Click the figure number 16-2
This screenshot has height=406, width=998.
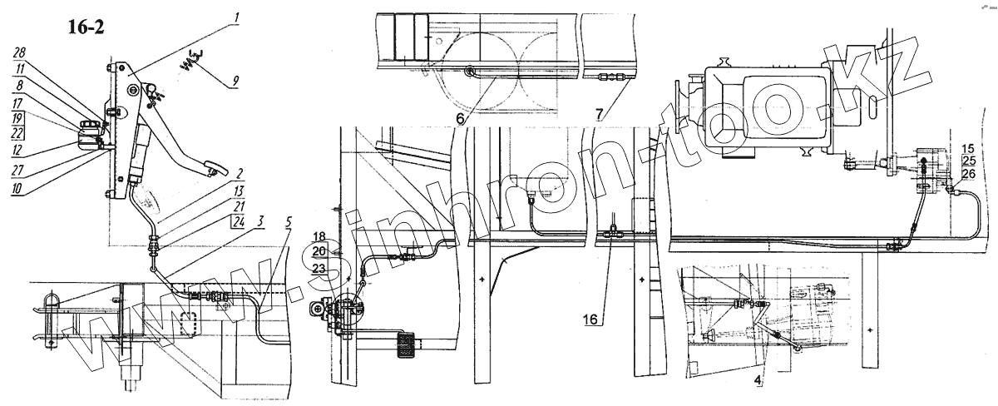[x=86, y=27]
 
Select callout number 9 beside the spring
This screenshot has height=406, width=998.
[x=235, y=81]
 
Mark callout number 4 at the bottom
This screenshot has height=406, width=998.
[x=757, y=383]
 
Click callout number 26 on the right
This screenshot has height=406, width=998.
[x=967, y=174]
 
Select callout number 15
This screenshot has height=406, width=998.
[x=967, y=147]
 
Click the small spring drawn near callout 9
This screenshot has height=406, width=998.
[x=191, y=60]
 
